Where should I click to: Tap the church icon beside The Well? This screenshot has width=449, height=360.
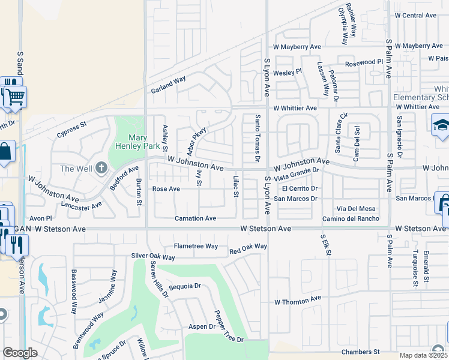(101, 168)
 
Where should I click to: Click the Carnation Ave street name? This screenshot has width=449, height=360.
(195, 218)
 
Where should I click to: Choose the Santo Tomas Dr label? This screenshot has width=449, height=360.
(257, 138)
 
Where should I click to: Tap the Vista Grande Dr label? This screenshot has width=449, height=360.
(295, 170)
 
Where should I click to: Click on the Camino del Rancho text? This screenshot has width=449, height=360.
(351, 218)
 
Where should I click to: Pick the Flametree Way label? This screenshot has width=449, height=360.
(196, 246)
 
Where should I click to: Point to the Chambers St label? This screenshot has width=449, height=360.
(360, 352)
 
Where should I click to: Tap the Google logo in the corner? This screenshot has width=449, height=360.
(20, 353)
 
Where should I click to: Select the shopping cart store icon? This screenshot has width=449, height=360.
(16, 95)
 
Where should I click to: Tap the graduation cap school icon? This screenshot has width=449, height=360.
(441, 124)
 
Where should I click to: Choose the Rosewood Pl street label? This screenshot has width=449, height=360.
(364, 62)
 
